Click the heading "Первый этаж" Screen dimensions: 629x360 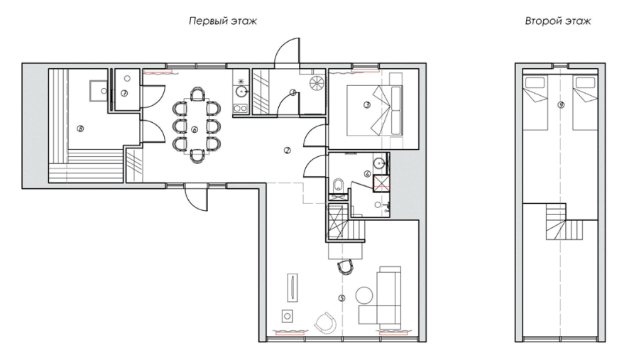tap(223, 21)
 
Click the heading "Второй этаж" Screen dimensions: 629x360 tap(557, 21)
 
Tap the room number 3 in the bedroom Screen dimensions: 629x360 tap(366, 105)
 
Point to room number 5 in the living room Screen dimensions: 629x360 tap(341, 298)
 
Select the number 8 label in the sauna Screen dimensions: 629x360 tap(81, 129)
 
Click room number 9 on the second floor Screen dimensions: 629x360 tap(562, 105)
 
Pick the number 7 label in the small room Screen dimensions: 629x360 tap(124, 93)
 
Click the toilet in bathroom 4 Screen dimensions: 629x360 tap(339, 185)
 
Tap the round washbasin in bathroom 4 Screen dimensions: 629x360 tap(379, 163)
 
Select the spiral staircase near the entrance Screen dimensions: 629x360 tap(317, 84)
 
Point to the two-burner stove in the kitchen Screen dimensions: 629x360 tap(240, 108)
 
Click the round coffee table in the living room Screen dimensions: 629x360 tap(365, 295)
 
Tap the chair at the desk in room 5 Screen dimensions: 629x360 tap(346, 266)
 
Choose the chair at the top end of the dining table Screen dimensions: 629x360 tap(197, 94)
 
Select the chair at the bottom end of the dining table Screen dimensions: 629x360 tap(197, 156)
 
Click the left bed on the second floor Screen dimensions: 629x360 tap(535, 103)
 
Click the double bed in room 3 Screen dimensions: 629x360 tap(374, 110)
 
